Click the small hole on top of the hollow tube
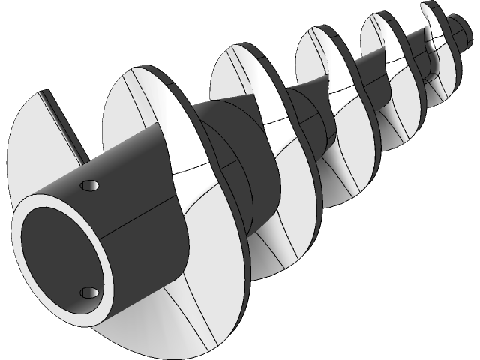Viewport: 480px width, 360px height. coord(91,184)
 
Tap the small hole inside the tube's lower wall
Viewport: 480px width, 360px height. coord(88,291)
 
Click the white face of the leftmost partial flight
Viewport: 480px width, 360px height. coord(34,150)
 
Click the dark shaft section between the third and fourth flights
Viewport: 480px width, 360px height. coord(307,120)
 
